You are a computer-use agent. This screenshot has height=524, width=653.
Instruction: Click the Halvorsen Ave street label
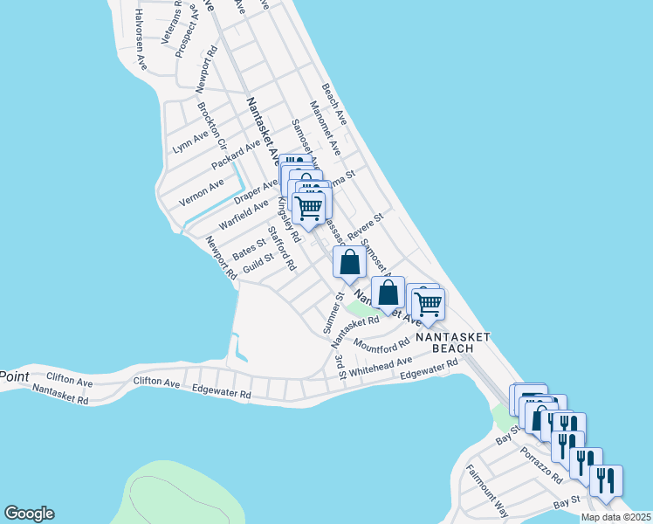[x=139, y=40]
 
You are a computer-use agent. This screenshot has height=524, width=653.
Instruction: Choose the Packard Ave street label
[x=236, y=153]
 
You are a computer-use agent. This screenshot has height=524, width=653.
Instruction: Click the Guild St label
[x=258, y=263]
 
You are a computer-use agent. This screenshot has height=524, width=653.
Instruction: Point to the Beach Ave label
[x=334, y=104]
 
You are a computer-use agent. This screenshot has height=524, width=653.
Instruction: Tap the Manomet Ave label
[x=331, y=140]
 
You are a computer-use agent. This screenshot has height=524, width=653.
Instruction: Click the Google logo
[x=29, y=514]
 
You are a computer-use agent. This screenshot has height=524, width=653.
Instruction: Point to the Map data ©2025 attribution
[x=615, y=517]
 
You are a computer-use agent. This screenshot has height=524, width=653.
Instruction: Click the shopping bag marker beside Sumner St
[x=349, y=264]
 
